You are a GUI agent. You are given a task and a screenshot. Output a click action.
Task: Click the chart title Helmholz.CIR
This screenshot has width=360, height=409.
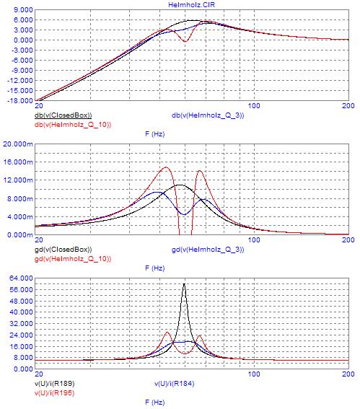point(191,5)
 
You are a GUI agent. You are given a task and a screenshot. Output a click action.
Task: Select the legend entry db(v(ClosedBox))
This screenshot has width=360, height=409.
point(63,115)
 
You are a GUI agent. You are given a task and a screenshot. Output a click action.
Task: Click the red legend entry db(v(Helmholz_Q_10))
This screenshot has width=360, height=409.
point(73,125)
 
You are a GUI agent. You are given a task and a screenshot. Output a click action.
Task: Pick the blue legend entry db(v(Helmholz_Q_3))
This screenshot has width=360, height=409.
point(208,115)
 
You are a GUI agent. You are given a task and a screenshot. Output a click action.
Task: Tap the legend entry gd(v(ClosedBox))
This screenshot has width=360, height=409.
point(63,250)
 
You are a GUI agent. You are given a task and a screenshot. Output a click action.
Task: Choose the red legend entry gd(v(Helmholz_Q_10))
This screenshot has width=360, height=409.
point(73,259)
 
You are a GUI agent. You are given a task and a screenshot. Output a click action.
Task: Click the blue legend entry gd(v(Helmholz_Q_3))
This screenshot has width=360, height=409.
point(208,250)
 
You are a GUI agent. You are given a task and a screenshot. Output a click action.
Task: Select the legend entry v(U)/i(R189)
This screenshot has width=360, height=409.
point(55,384)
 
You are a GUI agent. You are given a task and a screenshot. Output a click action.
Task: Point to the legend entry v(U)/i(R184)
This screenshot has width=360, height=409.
point(175,384)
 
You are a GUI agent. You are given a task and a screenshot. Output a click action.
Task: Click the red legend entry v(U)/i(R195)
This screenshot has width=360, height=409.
point(55,393)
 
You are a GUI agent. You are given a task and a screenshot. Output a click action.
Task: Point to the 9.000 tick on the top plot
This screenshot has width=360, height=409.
point(23,10)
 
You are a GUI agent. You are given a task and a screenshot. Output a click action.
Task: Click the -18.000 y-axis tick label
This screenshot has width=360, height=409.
point(20,101)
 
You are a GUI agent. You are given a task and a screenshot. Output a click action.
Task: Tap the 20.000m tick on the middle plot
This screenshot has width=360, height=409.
point(18,144)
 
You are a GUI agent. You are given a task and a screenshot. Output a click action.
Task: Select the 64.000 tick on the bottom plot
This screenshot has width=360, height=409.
point(21,278)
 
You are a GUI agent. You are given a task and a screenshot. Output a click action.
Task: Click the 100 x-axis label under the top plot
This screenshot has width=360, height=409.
point(254,105)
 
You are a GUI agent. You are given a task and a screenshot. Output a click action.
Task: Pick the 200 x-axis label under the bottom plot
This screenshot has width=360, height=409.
point(348,374)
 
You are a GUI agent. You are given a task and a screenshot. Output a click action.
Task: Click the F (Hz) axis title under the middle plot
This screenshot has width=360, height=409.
point(154,268)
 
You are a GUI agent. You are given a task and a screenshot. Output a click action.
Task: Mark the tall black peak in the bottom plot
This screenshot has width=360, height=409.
point(185,283)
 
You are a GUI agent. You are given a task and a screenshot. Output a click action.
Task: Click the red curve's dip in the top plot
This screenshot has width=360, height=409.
point(185,41)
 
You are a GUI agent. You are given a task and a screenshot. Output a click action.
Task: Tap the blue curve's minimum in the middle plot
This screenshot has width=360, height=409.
point(184,214)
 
